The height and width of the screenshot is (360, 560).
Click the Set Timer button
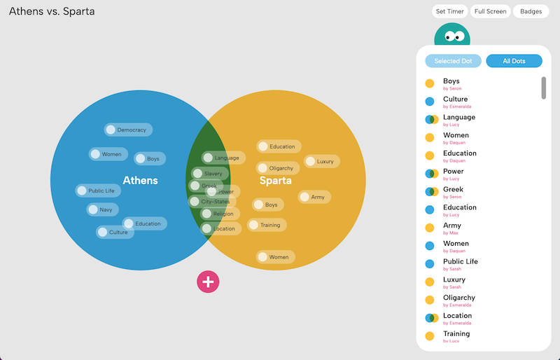[450, 11]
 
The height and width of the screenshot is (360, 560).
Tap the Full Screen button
[490, 11]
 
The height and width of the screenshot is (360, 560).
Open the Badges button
[531, 11]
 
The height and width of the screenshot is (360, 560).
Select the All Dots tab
[514, 61]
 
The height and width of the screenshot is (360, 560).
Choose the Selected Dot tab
[453, 61]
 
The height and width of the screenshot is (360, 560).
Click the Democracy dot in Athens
[129, 130]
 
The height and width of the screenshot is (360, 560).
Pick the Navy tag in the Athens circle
[103, 209]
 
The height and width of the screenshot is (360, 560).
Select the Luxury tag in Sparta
[322, 161]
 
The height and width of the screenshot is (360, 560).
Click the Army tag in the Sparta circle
[314, 197]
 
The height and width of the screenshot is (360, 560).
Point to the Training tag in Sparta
[267, 225]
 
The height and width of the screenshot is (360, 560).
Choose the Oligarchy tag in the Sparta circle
[278, 168]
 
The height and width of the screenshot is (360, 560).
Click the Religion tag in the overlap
[220, 214]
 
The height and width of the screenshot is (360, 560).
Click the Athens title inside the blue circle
[140, 181]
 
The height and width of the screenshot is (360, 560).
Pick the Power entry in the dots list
[453, 172]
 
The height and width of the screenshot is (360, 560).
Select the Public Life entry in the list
[460, 262]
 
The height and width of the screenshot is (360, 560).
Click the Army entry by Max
[451, 226]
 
